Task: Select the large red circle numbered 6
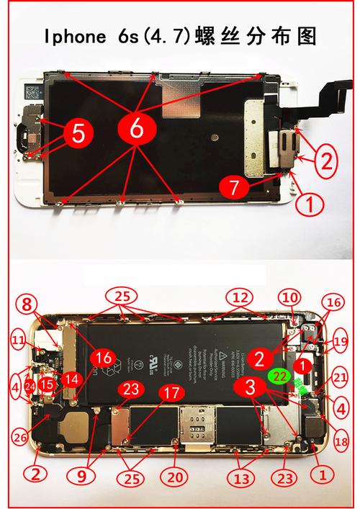point(136,127)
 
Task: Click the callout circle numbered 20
point(176,476)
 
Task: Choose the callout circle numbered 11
point(18,338)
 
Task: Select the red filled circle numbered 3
point(248,387)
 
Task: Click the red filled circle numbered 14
point(71,379)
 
